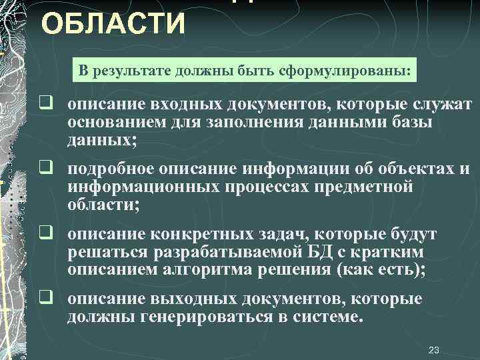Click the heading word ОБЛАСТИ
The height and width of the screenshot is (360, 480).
[x=113, y=25]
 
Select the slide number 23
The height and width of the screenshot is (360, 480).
[x=434, y=349]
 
